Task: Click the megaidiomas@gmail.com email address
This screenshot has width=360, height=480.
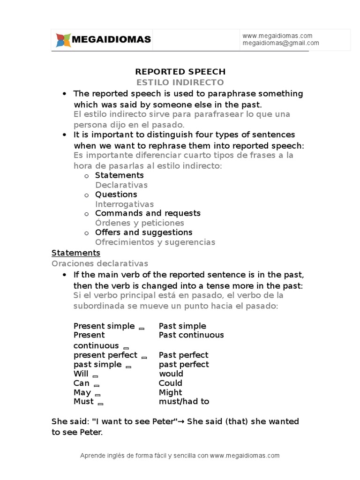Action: (x=281, y=43)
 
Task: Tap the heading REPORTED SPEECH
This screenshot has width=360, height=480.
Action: (x=180, y=72)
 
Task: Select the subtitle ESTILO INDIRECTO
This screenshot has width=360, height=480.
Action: (x=180, y=82)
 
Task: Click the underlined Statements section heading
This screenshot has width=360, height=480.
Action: (x=76, y=253)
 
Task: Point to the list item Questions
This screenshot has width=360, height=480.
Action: (x=116, y=195)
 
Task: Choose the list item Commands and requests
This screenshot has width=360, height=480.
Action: (x=148, y=213)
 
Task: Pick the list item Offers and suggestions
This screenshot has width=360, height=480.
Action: (x=143, y=232)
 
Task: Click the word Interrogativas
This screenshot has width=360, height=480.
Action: (x=124, y=204)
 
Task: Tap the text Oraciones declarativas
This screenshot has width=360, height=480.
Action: (x=100, y=263)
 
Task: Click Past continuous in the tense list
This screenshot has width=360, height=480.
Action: (x=191, y=335)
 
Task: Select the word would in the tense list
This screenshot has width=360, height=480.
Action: (x=171, y=374)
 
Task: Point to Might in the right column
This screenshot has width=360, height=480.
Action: (x=171, y=393)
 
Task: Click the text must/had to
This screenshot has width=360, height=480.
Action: (x=184, y=402)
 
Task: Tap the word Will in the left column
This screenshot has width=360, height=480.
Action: (x=81, y=374)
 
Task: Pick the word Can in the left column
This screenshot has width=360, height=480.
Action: (x=82, y=383)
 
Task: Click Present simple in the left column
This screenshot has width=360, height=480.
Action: (x=104, y=326)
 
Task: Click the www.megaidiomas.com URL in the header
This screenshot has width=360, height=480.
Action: (x=277, y=36)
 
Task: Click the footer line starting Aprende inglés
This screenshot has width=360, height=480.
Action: (x=180, y=456)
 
